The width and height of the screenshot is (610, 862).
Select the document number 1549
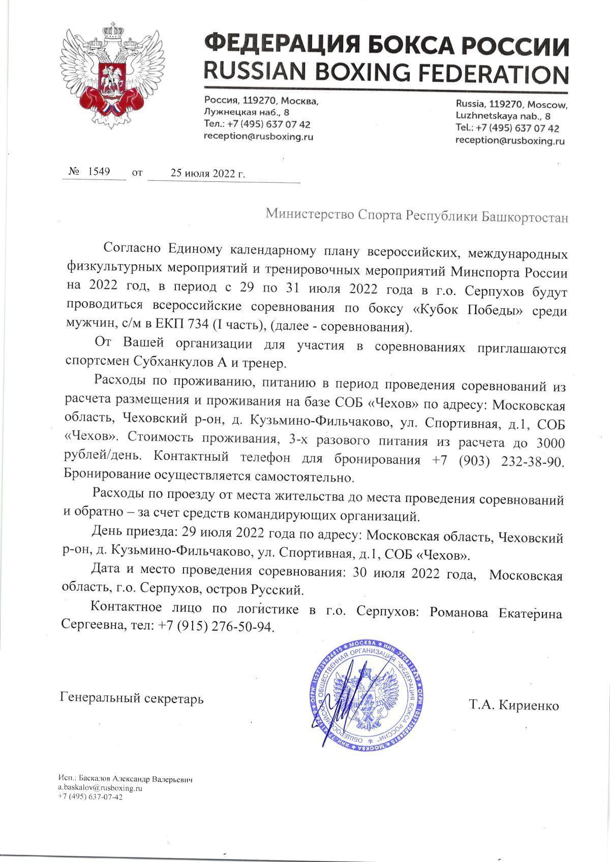99,172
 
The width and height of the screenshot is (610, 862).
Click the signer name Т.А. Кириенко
514,706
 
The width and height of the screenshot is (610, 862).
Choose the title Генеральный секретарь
132,698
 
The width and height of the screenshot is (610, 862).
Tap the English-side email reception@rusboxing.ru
510,141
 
